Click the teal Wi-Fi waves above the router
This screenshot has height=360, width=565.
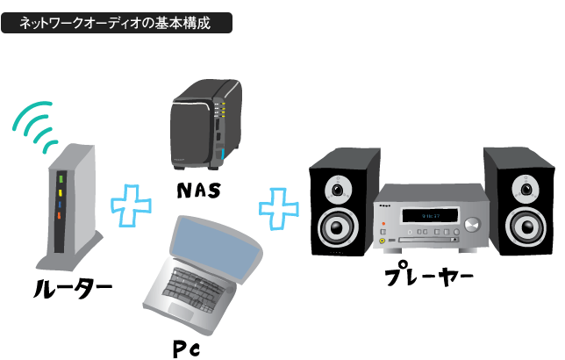click(38, 128)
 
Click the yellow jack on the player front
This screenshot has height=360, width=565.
click(382, 238)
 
